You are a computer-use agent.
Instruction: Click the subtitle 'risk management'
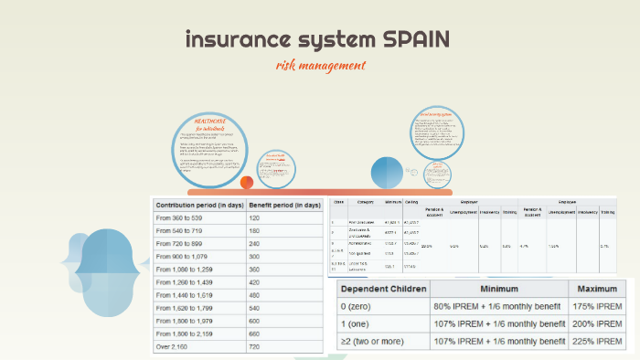320,66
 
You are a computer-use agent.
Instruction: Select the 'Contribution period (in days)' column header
197,206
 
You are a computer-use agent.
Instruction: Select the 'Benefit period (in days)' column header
284,206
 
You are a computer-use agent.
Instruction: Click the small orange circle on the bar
247,183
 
